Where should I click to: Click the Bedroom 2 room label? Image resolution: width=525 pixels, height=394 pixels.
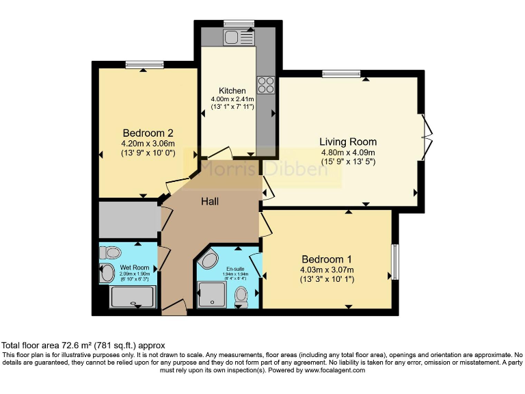(x=148, y=133)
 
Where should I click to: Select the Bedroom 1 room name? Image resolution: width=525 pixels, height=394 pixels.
(x=327, y=259)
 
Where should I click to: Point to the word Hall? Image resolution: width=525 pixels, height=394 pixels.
(x=210, y=202)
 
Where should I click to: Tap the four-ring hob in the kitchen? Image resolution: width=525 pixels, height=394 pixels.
(x=265, y=85)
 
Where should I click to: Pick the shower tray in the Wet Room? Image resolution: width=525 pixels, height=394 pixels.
(x=133, y=297)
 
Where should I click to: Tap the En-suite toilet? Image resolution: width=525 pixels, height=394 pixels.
(x=241, y=295)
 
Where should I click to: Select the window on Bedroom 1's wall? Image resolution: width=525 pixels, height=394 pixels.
(x=394, y=261)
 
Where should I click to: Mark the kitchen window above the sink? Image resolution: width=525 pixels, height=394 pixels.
(x=239, y=23)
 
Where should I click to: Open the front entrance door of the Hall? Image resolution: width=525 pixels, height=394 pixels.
(x=174, y=308)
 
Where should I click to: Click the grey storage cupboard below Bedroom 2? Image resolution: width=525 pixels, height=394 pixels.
(x=128, y=219)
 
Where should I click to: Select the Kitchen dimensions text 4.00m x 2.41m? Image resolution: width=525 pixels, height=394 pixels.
(x=232, y=99)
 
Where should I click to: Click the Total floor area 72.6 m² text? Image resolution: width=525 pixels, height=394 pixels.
(x=83, y=345)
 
